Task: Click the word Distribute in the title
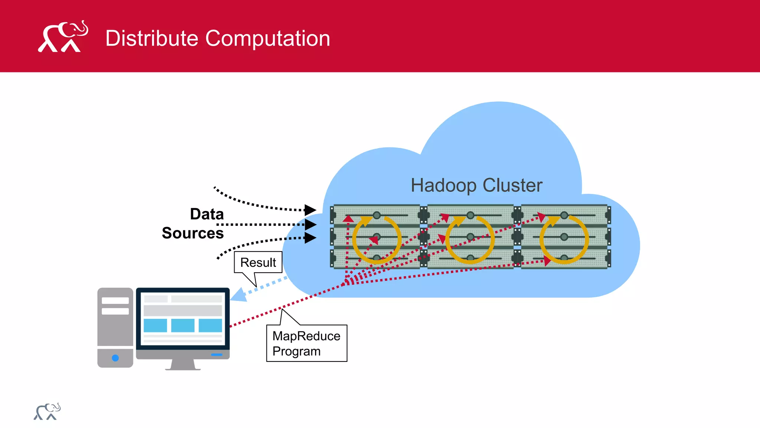[152, 38]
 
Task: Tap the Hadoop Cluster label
[476, 185]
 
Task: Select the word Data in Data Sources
[207, 214]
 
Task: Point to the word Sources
[193, 233]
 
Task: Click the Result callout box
[258, 262]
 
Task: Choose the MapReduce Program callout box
[307, 343]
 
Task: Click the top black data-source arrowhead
[310, 210]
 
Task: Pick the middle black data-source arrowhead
[310, 224]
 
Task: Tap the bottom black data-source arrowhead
[310, 238]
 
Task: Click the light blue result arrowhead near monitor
[239, 295]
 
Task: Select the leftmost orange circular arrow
[377, 240]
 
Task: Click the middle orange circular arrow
[470, 240]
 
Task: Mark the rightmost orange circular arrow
[564, 240]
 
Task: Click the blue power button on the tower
[115, 358]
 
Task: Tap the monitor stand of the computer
[183, 364]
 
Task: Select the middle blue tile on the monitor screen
[183, 325]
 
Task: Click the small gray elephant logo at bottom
[47, 412]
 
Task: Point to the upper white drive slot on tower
[115, 301]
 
